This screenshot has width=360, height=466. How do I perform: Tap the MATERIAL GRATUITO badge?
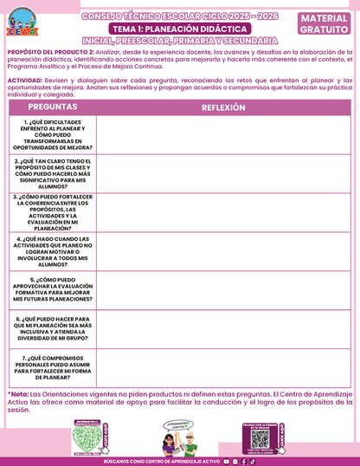click(325, 23)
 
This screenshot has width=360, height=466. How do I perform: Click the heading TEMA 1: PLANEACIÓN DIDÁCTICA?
click(179, 29)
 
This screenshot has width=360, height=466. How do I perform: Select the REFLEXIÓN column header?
click(223, 107)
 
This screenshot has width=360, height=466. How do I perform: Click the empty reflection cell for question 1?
click(223, 135)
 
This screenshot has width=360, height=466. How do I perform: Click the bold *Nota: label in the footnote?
click(18, 393)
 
